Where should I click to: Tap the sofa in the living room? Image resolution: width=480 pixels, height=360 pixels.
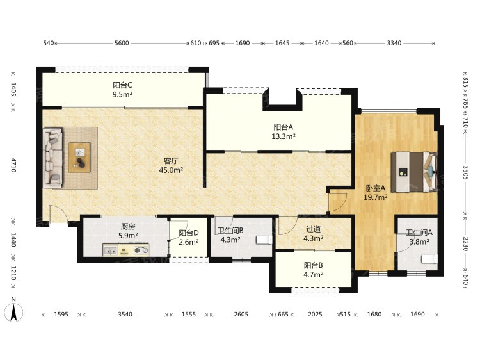(x=53, y=158)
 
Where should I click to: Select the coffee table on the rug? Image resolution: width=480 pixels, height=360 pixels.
(x=79, y=158)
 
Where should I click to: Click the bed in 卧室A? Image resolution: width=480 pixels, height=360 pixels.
(x=414, y=172)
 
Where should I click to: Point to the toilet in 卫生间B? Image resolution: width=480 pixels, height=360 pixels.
(x=264, y=240)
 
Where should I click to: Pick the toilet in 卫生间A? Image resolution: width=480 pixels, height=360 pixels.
(x=429, y=259)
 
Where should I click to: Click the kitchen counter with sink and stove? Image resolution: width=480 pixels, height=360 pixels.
(x=126, y=250)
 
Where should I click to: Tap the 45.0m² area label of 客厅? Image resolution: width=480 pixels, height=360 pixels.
(x=171, y=170)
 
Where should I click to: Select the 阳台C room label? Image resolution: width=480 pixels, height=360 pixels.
(x=122, y=85)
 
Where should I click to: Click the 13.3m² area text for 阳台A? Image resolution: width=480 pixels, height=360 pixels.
(x=284, y=136)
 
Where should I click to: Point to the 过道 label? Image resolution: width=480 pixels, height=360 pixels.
(x=313, y=229)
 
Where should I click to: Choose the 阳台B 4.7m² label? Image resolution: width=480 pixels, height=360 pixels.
(x=314, y=270)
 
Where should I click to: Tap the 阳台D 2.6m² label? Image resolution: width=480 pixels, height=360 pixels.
(x=189, y=238)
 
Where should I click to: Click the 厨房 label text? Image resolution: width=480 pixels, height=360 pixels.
(x=128, y=226)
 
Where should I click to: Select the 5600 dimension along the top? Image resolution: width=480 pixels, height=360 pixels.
(x=122, y=43)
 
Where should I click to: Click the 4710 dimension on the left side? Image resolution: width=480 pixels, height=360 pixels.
(x=13, y=165)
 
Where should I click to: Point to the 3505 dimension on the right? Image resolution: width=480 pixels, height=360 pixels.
(x=465, y=174)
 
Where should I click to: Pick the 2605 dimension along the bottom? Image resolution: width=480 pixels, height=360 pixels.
(x=241, y=315)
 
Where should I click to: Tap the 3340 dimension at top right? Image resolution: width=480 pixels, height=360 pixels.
(x=394, y=43)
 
